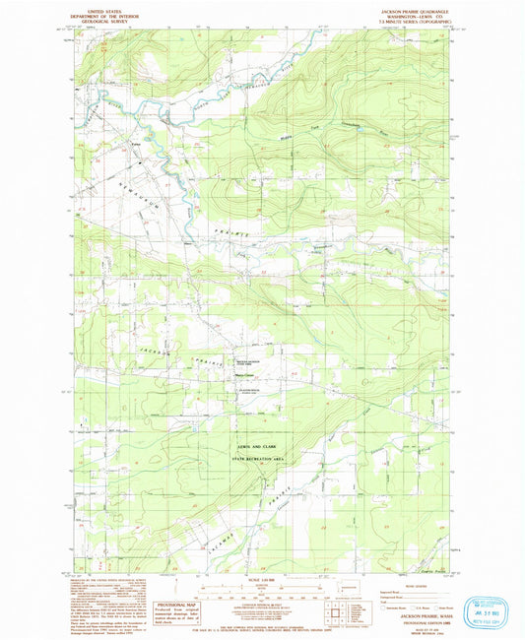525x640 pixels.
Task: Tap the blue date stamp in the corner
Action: (484, 604)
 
